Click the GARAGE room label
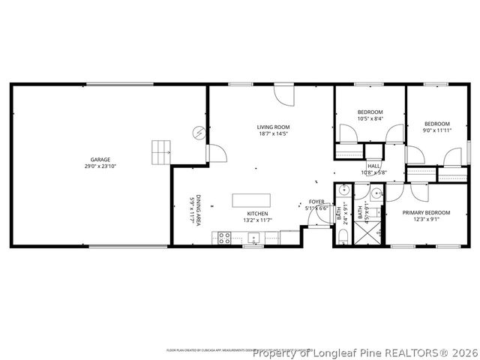click(101, 160)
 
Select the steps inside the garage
click(161, 152)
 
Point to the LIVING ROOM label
click(274, 127)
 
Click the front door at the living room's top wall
click(283, 96)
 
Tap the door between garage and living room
click(215, 153)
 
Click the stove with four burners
click(224, 238)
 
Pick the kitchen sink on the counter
click(253, 239)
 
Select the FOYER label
click(316, 202)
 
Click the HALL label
click(373, 166)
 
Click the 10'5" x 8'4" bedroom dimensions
click(370, 118)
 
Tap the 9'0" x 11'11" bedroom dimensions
click(436, 130)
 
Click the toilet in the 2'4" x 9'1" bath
click(342, 238)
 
